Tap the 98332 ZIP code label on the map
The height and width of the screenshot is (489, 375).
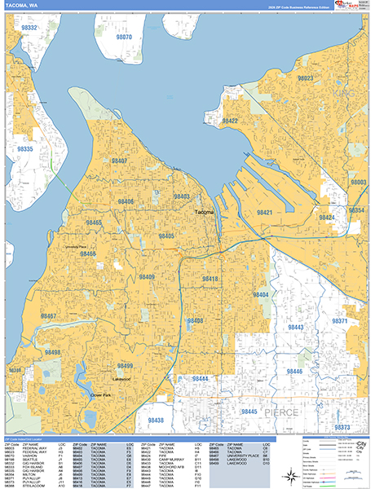point(29,28)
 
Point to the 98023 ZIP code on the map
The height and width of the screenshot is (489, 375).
point(305,77)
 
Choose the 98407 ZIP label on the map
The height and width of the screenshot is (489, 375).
point(118,161)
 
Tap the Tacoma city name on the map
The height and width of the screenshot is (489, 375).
point(203,212)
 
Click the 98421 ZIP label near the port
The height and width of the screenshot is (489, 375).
point(266,212)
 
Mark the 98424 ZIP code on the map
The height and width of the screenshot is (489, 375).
point(327,218)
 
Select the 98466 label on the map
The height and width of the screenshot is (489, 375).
point(89,254)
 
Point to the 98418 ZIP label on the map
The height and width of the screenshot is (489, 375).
point(210,280)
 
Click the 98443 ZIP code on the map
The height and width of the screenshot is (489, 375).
point(294,327)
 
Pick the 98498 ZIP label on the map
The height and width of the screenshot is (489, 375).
point(53,352)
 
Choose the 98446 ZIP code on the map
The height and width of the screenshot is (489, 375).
point(294,372)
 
